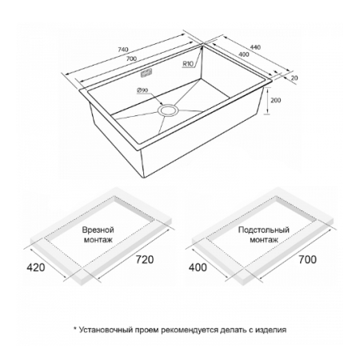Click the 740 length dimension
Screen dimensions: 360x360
tap(123, 50)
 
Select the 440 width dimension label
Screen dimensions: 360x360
tap(255, 47)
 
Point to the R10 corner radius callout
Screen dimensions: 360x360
tap(188, 64)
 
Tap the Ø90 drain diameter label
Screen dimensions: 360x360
tap(142, 90)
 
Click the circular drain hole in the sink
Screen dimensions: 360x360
tap(168, 110)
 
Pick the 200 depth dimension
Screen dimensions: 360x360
tap(275, 101)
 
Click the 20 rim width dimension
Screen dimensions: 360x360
tap(294, 78)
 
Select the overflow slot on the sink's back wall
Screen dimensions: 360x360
tap(146, 73)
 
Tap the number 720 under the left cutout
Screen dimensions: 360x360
tap(145, 259)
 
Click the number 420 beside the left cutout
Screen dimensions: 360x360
tap(36, 267)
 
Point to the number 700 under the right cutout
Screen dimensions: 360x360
tap(307, 259)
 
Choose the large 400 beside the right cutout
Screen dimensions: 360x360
tap(198, 267)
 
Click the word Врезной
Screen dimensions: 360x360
tap(98, 230)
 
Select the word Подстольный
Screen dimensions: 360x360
tap(264, 230)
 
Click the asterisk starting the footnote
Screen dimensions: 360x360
tap(75, 329)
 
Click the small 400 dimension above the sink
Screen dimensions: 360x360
tap(244, 54)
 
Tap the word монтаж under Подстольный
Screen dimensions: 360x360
tap(264, 240)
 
